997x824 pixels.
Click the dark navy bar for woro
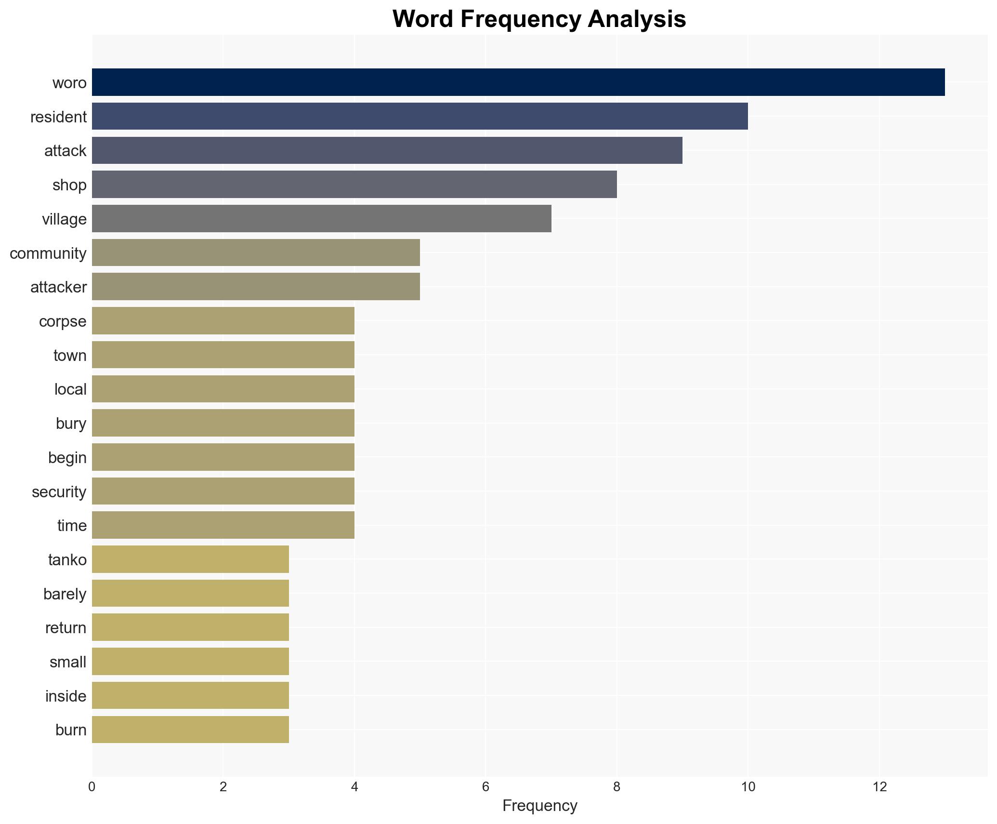pos(518,82)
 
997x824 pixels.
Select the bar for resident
pos(420,116)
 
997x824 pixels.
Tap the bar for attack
pos(387,150)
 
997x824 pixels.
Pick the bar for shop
pos(354,185)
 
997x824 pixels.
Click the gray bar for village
pos(321,219)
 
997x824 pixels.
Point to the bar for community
pos(256,253)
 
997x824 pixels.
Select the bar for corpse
pos(223,321)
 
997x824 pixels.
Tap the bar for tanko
pos(190,559)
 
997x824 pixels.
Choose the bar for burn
pos(190,730)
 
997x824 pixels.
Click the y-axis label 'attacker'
pos(58,287)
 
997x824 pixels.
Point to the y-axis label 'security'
pos(59,492)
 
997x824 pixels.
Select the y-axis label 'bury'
pos(71,424)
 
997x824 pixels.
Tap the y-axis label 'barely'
pos(65,594)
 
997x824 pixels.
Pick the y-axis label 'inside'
pos(66,696)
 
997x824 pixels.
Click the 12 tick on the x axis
pos(879,787)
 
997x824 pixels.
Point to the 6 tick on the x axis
pos(485,787)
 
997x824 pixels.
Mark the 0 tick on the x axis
pos(92,787)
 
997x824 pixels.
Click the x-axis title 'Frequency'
pos(539,806)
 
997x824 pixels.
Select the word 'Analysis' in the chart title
pos(637,19)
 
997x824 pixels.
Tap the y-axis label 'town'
pos(70,356)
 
